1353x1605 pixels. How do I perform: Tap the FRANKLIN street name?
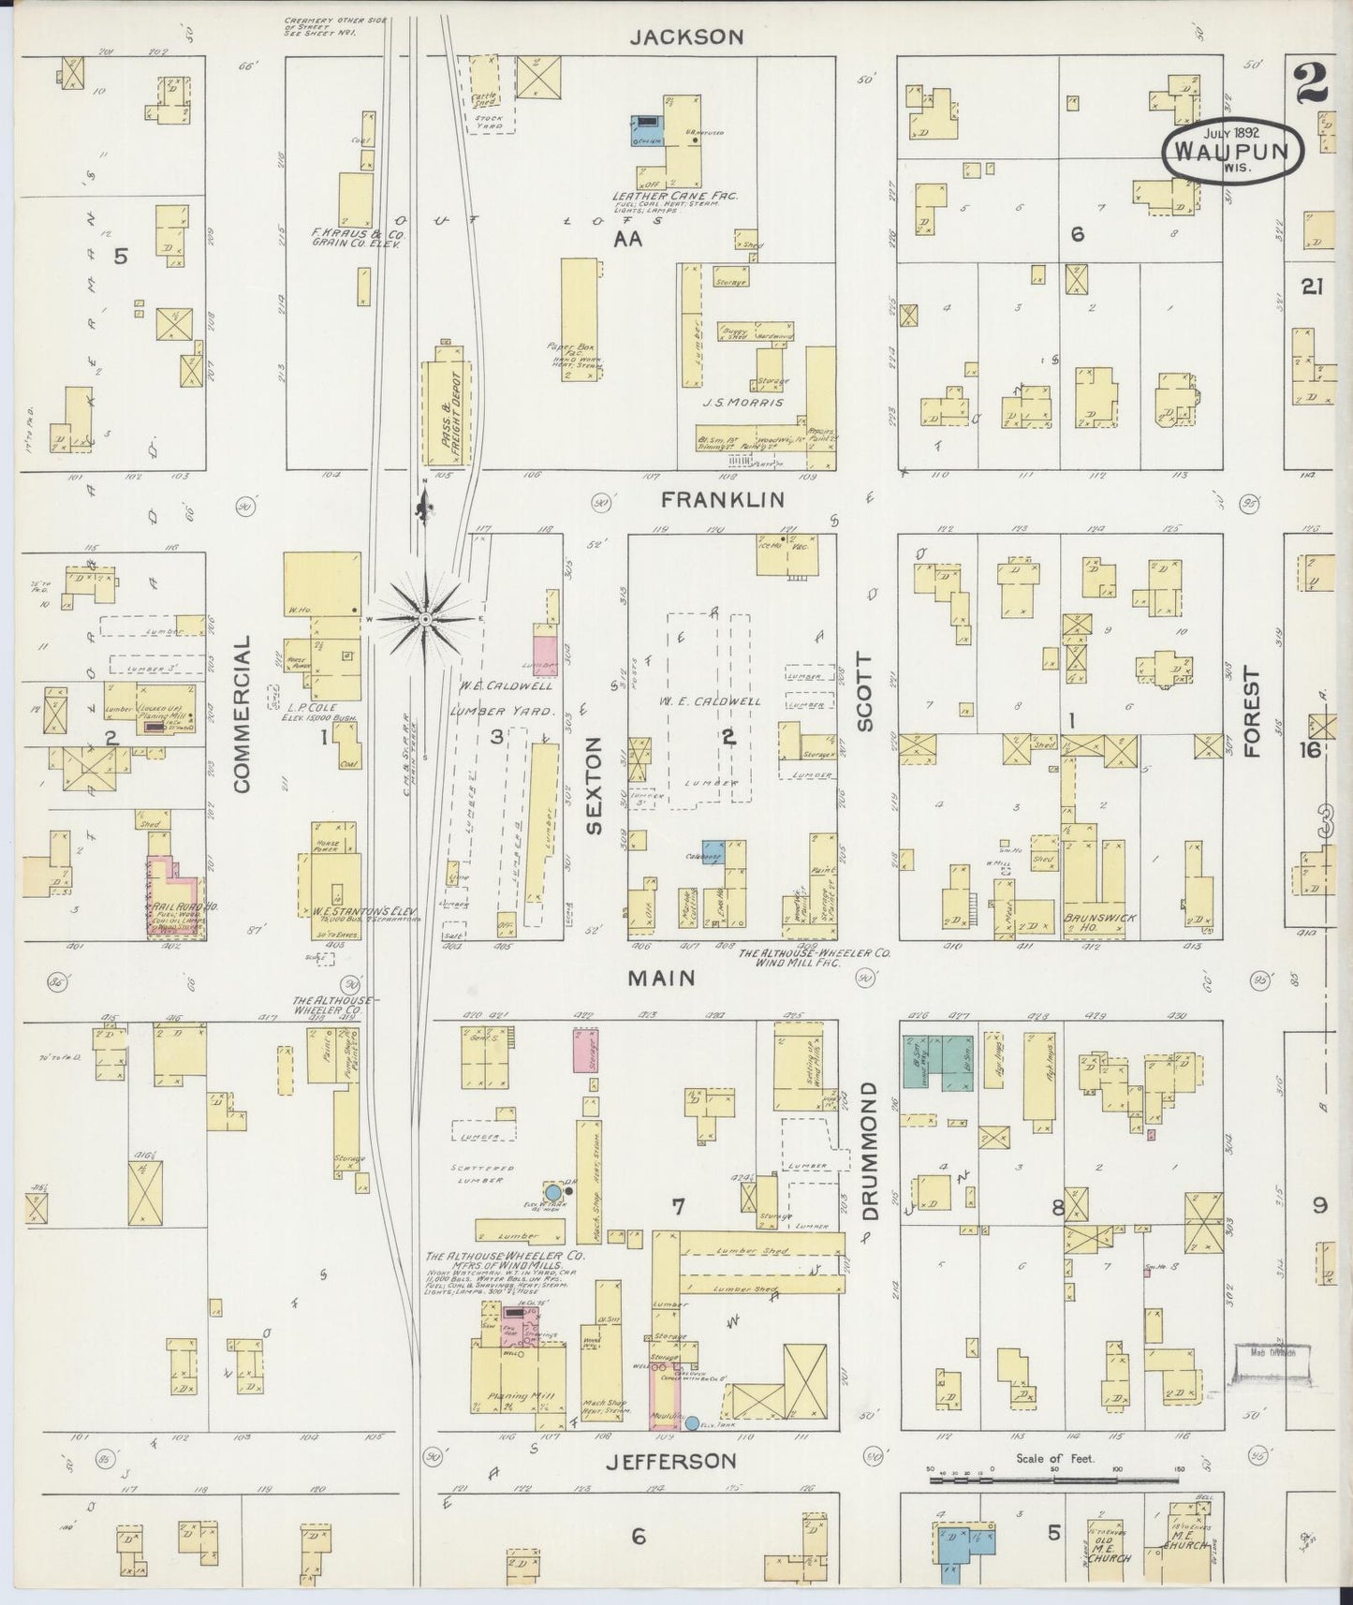(722, 500)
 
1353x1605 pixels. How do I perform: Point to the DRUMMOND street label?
(870, 1151)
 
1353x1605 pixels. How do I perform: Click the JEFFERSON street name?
(669, 1460)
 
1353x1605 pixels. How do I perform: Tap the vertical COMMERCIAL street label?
(243, 714)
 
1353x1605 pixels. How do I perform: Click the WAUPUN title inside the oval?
(1232, 151)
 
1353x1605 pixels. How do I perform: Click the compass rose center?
(425, 619)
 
